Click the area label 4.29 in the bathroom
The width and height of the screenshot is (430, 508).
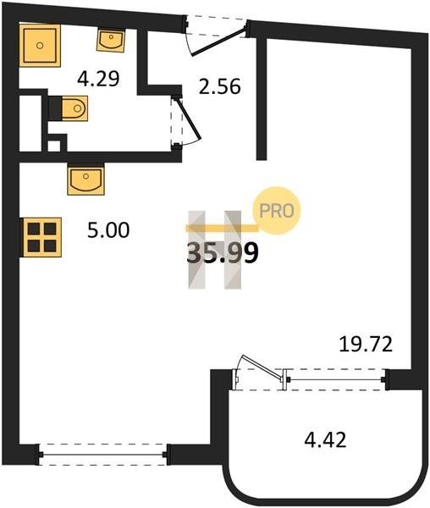(x=98, y=79)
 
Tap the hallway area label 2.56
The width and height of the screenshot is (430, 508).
(x=219, y=86)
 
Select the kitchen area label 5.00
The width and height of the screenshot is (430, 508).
(x=108, y=230)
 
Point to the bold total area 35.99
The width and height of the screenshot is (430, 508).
(x=223, y=252)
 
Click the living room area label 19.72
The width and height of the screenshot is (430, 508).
(x=366, y=344)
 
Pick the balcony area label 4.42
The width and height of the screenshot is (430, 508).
(x=325, y=439)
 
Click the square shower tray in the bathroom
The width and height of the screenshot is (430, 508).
(x=40, y=46)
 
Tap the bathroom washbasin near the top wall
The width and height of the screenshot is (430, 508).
(x=110, y=40)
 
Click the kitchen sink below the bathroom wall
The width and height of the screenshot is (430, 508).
(x=85, y=179)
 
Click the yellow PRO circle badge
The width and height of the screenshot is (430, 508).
(x=277, y=211)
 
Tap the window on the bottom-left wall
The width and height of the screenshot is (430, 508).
(x=103, y=455)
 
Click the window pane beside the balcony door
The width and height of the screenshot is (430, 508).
(x=335, y=379)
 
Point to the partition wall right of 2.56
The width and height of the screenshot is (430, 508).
(x=262, y=98)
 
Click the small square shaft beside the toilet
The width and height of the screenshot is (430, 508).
(x=54, y=146)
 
